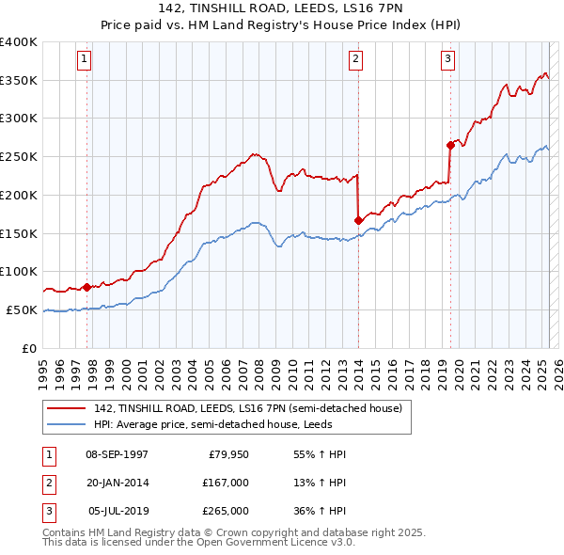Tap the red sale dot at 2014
click(x=358, y=220)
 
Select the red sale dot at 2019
click(x=450, y=145)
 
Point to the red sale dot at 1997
click(x=87, y=287)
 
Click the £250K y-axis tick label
click(x=19, y=156)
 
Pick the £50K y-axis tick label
click(x=22, y=309)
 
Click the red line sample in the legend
click(x=67, y=408)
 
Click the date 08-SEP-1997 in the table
click(x=117, y=454)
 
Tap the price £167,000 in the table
click(x=226, y=483)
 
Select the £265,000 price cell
click(x=226, y=511)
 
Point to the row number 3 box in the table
click(x=47, y=511)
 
